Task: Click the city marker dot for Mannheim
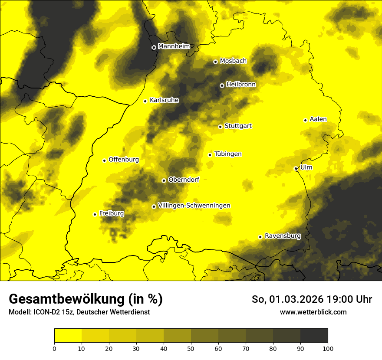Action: (154, 47)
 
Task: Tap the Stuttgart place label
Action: (238, 126)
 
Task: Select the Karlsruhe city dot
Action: (145, 101)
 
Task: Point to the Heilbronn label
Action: (241, 85)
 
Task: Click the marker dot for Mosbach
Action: (215, 62)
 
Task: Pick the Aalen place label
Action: (318, 119)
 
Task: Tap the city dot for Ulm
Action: (296, 168)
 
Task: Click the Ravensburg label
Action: (283, 236)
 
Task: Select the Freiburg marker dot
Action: (95, 214)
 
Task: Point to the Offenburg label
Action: (124, 160)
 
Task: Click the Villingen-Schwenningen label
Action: (194, 206)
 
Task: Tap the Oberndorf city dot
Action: (164, 180)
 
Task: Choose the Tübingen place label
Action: (228, 154)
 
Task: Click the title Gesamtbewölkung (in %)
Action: (86, 299)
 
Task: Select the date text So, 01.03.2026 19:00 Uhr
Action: (312, 300)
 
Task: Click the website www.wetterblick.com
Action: (313, 312)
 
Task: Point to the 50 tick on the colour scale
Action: (191, 348)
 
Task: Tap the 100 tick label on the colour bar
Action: (328, 348)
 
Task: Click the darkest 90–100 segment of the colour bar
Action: (314, 336)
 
